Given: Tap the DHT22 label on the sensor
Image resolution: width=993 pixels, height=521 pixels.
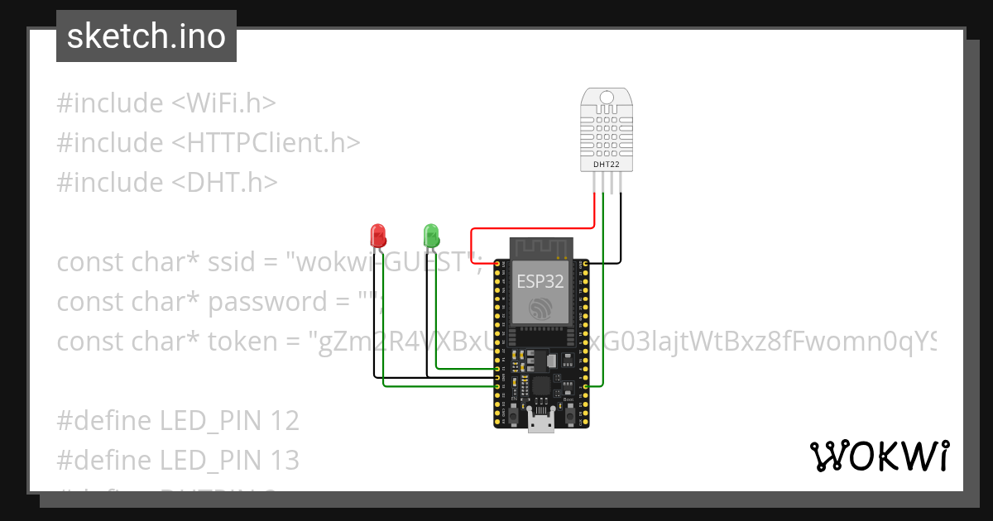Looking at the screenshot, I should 605,165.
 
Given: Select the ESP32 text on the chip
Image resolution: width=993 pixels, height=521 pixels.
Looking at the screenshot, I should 540,281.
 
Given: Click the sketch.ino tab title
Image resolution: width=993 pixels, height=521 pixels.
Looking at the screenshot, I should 146,36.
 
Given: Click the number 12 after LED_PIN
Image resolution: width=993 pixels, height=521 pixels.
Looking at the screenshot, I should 284,421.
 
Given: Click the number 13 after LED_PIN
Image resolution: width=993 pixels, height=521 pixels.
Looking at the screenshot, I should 284,460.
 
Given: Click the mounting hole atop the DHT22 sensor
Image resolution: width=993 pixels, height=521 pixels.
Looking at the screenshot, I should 606,97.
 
